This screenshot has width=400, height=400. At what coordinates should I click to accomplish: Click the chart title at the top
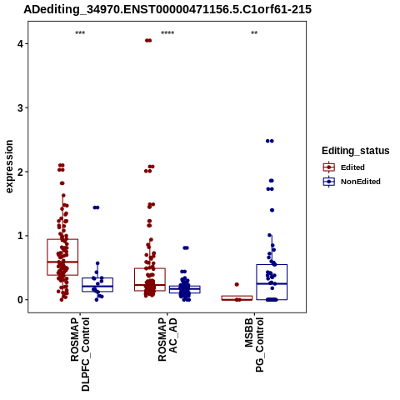point(167,9)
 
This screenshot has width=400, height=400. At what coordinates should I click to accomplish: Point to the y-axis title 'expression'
point(9,167)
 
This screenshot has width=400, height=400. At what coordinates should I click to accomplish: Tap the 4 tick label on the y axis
point(20,43)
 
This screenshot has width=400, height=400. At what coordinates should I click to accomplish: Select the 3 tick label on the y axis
point(20,107)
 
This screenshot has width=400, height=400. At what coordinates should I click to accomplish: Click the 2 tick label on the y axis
point(20,172)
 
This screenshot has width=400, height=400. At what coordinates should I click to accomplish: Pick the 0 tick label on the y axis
point(20,300)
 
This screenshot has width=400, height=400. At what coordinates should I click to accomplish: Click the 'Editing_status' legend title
point(356,151)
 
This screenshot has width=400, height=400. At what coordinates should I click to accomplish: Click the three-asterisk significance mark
point(80,33)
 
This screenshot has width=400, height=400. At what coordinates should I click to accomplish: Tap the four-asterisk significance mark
point(167,33)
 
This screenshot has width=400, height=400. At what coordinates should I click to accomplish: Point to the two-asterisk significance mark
point(254,33)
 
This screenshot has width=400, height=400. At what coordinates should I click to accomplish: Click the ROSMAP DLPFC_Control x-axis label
point(80,354)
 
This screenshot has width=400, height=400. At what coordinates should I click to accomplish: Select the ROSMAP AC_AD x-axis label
point(167,339)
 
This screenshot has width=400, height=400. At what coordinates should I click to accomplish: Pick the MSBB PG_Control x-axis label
point(254,344)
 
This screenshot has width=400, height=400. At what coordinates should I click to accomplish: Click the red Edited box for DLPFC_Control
point(62,239)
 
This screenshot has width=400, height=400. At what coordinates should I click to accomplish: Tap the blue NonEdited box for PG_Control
point(272,265)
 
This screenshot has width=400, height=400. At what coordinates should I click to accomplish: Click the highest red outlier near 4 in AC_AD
point(148,41)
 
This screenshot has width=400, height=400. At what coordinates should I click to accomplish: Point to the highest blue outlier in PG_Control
point(270,141)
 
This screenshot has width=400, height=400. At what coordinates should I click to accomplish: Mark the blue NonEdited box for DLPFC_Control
point(97,277)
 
